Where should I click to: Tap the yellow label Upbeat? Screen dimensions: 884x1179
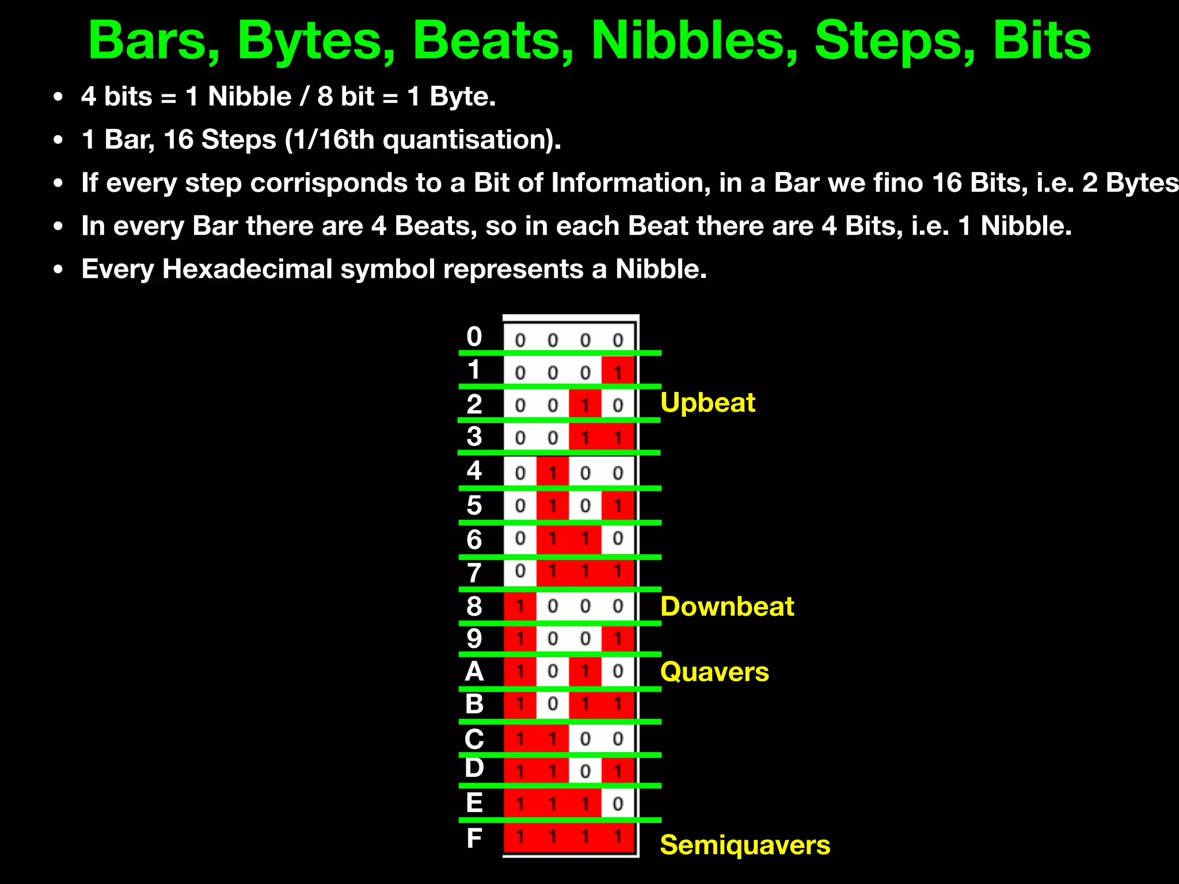point(708,402)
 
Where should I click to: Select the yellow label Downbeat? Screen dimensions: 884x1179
point(727,607)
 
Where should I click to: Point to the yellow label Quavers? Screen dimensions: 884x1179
point(714,672)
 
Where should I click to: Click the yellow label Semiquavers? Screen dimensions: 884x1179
point(745,845)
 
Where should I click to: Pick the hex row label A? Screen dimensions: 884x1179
point(474,672)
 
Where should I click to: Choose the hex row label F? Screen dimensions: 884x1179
point(474,838)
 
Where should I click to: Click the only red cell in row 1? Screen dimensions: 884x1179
point(618,372)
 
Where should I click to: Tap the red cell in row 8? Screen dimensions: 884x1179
point(520,606)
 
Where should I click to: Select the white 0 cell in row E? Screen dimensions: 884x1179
point(618,803)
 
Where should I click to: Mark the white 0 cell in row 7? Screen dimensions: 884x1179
point(520,571)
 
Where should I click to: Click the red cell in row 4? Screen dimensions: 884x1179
point(553,473)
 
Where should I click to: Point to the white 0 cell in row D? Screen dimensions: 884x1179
point(585,771)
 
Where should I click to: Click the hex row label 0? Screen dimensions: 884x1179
point(474,337)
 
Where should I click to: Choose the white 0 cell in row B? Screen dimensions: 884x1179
point(553,704)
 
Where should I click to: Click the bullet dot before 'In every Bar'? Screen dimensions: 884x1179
point(58,227)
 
